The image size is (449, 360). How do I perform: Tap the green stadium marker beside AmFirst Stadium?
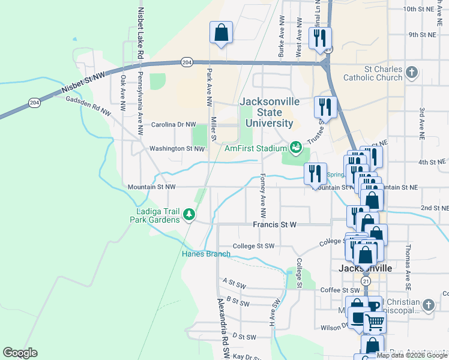295,147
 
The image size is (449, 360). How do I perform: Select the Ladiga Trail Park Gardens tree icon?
189,214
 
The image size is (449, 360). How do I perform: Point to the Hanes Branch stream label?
206,254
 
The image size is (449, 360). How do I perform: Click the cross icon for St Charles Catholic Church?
411,73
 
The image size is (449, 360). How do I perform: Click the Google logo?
20,353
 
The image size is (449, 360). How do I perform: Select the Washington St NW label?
177,148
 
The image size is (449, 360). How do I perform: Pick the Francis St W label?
274,224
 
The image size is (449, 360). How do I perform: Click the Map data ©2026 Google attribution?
411,355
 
